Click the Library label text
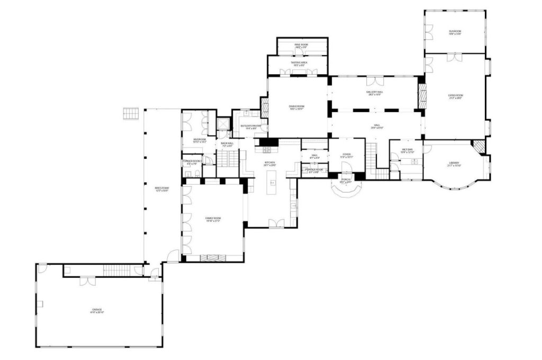tap(455, 164)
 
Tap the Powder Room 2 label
tap(192, 162)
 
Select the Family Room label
tap(213, 219)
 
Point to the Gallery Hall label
tap(374, 93)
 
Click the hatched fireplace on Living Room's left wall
tap(422, 96)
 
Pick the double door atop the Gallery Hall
tap(374, 81)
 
